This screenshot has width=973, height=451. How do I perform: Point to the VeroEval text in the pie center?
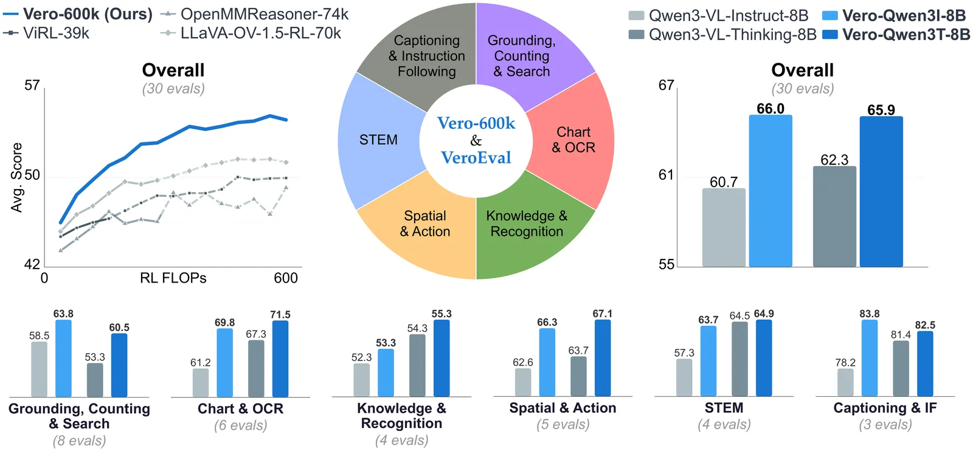tap(476, 158)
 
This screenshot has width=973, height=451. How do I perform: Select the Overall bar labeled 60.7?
tap(724, 227)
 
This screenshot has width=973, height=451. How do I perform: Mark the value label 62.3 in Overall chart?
tap(834, 160)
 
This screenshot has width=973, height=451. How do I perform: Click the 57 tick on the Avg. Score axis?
tap(32, 85)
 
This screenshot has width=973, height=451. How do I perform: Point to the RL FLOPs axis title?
tap(173, 278)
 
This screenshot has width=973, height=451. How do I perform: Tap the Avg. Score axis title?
tap(16, 177)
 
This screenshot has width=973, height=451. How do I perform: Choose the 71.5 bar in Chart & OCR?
tap(280, 359)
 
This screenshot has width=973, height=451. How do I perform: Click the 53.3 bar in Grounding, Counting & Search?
tap(95, 380)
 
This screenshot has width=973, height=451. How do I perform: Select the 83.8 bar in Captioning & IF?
tap(869, 359)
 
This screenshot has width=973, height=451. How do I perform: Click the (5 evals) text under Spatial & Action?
tap(563, 424)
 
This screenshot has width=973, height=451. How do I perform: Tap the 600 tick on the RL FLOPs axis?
tap(285, 278)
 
